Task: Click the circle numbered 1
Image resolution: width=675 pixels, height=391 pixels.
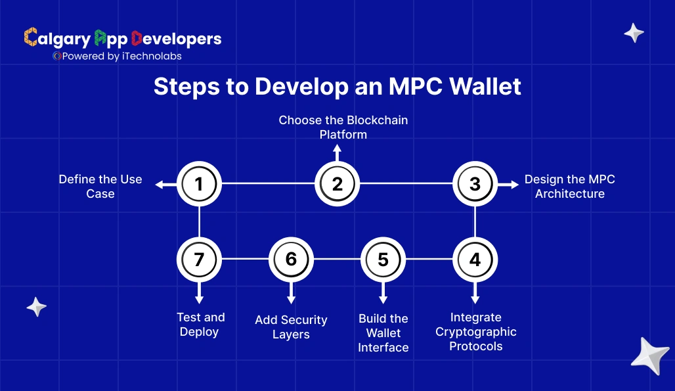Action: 199,184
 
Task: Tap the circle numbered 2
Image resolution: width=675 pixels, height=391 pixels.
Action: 337,184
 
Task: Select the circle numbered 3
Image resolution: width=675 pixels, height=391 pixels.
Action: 475,184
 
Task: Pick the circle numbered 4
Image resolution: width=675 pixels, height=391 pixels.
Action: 475,260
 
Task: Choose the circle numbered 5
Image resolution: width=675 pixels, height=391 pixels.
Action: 383,260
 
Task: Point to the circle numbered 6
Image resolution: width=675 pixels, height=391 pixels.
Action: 291,260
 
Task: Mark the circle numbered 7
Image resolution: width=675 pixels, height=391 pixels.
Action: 199,260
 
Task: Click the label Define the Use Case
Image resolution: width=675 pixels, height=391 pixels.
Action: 100,187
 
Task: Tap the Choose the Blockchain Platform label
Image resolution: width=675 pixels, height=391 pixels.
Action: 343,127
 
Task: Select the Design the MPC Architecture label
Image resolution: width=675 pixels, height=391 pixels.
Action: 569,187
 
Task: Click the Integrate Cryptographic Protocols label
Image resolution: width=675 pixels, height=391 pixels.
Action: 476,332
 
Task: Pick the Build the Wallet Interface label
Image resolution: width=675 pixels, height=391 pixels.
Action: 383,333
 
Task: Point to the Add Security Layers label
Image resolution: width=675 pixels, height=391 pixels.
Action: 291,327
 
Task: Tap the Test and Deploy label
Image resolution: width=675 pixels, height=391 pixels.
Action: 200,325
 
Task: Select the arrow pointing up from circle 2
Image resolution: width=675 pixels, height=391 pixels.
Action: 337,152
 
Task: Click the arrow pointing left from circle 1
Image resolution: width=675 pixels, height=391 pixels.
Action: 165,185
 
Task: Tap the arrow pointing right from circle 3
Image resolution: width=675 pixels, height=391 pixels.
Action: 510,185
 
